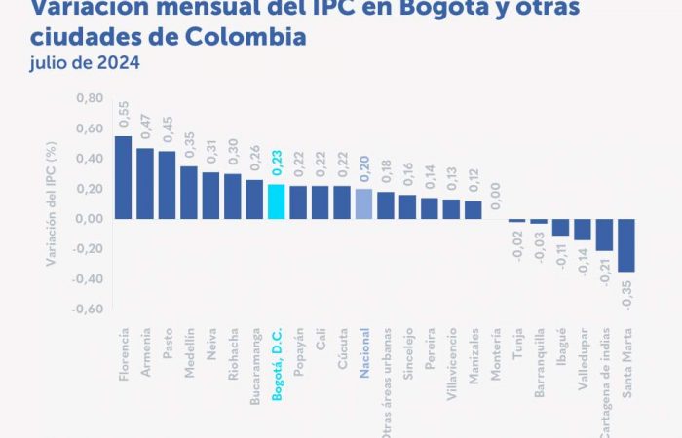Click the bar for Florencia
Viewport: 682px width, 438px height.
(x=123, y=176)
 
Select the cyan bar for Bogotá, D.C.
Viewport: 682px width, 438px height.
(x=276, y=201)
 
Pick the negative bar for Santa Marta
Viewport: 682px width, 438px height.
(x=625, y=244)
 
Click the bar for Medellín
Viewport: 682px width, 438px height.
(x=189, y=192)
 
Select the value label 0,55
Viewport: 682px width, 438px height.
(x=124, y=115)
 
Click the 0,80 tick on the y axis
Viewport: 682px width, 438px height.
(x=89, y=98)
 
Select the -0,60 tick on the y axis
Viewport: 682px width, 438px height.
(x=87, y=309)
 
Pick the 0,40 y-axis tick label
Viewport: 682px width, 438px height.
(x=89, y=159)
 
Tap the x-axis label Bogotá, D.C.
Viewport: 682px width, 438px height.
(x=277, y=364)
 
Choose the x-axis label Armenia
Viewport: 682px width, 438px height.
(x=146, y=357)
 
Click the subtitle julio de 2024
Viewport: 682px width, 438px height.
(x=84, y=63)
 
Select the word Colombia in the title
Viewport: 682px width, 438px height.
(x=246, y=37)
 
